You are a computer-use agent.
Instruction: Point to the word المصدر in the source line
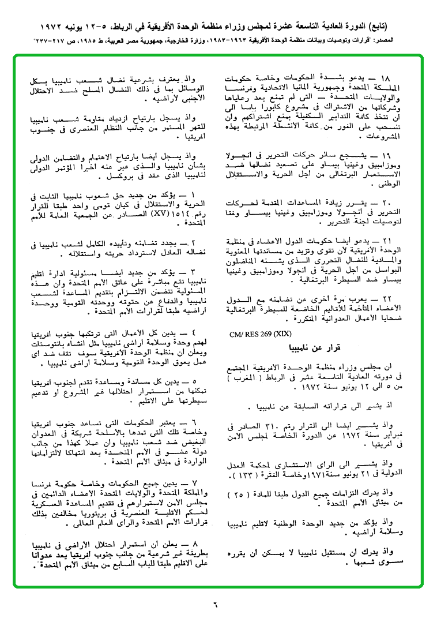(x=409, y=42)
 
